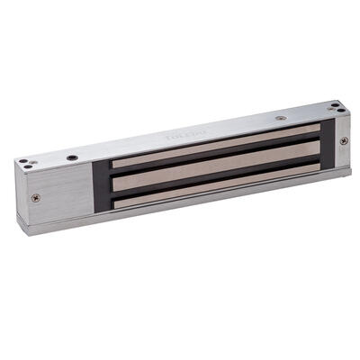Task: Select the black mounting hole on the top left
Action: (x=72, y=158)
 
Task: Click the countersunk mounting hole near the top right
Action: (x=281, y=117)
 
